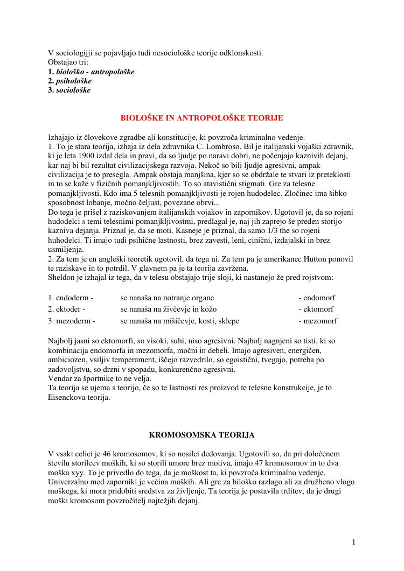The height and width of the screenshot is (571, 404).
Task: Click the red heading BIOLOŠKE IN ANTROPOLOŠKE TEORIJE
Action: (201, 118)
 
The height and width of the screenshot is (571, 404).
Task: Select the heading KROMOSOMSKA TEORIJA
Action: (201, 434)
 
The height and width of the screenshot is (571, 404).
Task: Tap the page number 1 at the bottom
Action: (353, 542)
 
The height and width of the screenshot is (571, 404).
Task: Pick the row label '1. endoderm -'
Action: (71, 298)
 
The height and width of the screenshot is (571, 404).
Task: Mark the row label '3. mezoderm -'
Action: (72, 321)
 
